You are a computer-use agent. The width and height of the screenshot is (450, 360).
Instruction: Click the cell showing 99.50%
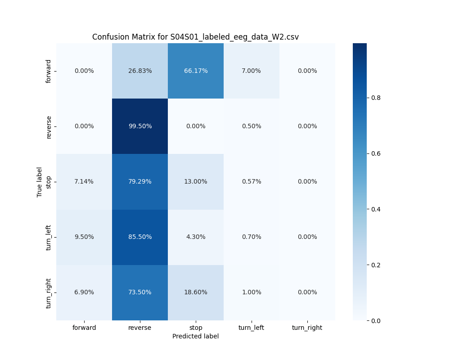140,126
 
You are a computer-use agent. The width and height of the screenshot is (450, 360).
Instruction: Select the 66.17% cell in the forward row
196,71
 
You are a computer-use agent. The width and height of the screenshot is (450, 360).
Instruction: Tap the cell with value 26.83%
140,71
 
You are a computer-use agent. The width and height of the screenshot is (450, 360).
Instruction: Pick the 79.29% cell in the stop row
140,182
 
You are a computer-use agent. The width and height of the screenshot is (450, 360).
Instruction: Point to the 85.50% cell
140,237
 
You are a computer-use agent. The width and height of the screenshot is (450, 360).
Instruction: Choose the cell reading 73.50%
140,292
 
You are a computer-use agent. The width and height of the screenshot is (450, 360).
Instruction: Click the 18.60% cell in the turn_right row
196,292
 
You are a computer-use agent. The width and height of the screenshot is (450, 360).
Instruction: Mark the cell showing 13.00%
196,182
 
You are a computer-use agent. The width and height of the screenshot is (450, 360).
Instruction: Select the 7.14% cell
84,182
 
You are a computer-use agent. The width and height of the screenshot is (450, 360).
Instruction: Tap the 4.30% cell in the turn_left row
196,237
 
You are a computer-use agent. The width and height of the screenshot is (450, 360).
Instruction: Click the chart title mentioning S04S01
195,37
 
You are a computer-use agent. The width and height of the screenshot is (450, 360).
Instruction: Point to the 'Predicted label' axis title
195,336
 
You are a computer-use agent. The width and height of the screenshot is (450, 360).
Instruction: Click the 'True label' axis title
40,182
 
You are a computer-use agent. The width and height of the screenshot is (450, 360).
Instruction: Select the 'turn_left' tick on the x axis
251,328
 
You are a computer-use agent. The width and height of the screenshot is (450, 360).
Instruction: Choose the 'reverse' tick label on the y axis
49,126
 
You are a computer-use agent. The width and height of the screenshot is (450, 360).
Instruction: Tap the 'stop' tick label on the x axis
196,328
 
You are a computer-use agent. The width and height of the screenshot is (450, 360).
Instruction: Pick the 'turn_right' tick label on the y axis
49,292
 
